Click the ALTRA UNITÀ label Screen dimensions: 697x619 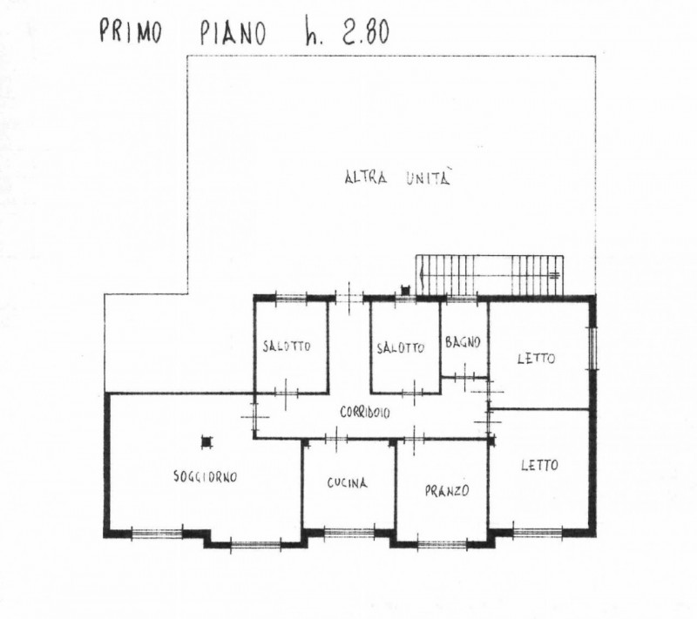pyautogui.click(x=400, y=179)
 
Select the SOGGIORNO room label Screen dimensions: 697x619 pyautogui.click(x=205, y=476)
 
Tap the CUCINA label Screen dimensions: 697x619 pyautogui.click(x=347, y=483)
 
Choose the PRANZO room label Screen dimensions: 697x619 pyautogui.click(x=448, y=490)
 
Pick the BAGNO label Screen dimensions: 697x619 pyautogui.click(x=463, y=342)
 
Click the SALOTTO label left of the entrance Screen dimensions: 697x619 pyautogui.click(x=286, y=347)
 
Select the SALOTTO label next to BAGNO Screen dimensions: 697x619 pyautogui.click(x=401, y=347)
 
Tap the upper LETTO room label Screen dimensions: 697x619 pyautogui.click(x=536, y=358)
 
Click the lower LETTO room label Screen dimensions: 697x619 pyautogui.click(x=539, y=465)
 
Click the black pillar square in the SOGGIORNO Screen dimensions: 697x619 pyautogui.click(x=206, y=441)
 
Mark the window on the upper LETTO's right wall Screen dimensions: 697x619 pyautogui.click(x=594, y=345)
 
